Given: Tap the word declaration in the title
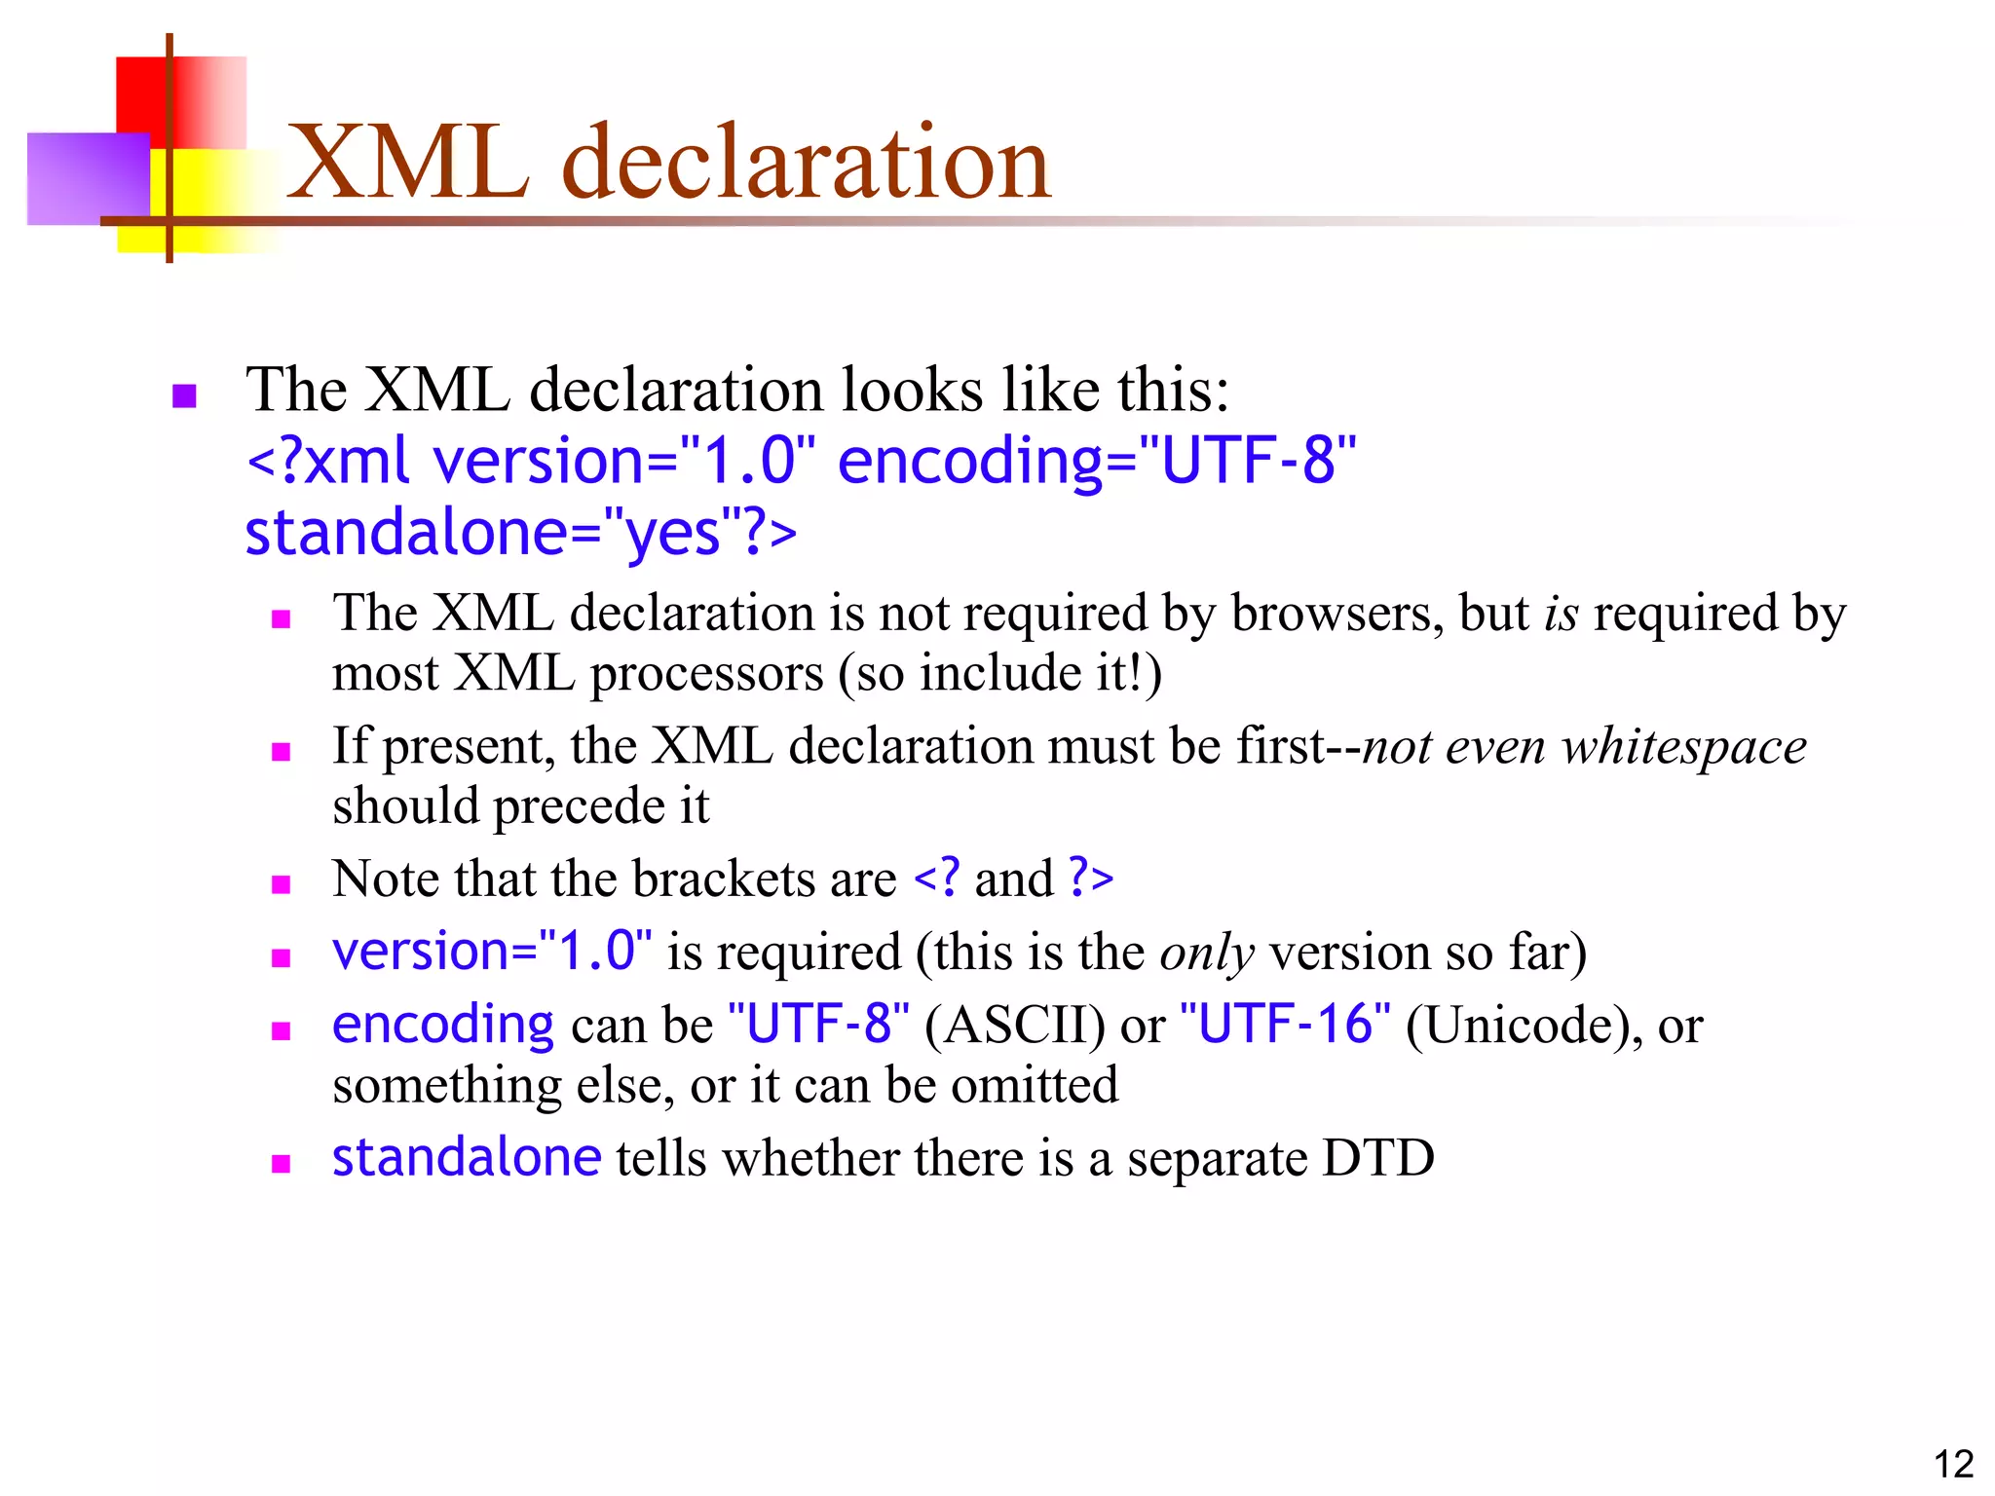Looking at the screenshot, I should [x=807, y=164].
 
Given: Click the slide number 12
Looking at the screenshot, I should [x=1952, y=1464].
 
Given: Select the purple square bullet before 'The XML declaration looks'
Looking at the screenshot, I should [x=184, y=395].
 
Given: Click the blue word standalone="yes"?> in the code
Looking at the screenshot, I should [x=521, y=534].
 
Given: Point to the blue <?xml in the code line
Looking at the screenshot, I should [x=327, y=461].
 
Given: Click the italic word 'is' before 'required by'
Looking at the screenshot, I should [x=1561, y=614].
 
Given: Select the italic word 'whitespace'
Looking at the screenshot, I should [x=1684, y=747].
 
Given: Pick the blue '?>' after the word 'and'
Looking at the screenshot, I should [x=1090, y=878].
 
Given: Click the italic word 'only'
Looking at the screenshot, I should [x=1206, y=953].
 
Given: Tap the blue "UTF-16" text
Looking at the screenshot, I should [x=1285, y=1025].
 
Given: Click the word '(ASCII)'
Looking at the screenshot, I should [x=1014, y=1026].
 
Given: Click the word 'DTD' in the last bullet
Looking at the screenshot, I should [x=1377, y=1159].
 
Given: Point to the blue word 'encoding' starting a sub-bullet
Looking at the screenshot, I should [x=443, y=1026].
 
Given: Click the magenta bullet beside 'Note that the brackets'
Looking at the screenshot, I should [x=282, y=884].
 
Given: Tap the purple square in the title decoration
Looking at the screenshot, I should [x=88, y=178].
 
